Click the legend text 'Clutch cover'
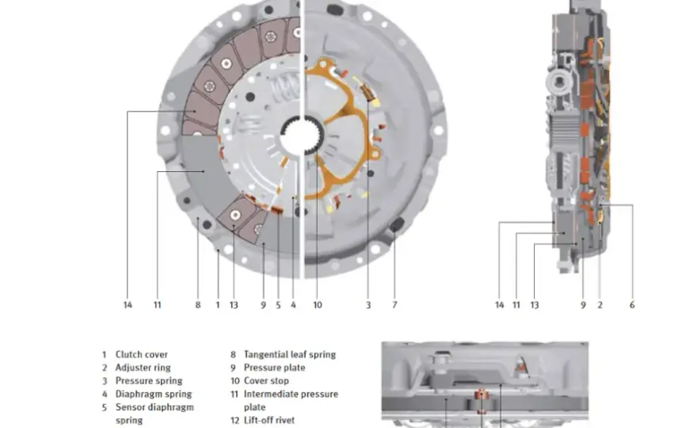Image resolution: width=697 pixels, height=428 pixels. [141, 354]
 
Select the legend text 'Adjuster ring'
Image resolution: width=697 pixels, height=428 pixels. [143, 368]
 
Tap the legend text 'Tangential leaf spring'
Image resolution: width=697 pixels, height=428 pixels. [290, 354]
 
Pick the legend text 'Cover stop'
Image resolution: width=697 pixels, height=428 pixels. [266, 380]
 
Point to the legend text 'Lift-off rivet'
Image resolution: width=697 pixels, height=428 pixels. [269, 420]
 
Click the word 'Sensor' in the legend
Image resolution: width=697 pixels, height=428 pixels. [130, 407]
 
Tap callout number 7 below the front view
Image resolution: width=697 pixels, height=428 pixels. [394, 305]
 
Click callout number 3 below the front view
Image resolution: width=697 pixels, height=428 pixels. [368, 305]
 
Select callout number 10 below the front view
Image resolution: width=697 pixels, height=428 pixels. [318, 305]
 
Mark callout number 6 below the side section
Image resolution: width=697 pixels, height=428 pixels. [632, 305]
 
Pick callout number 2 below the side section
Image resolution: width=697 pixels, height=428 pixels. [600, 305]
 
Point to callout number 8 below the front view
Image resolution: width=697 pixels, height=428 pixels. [198, 305]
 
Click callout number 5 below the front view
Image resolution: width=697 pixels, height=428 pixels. [278, 305]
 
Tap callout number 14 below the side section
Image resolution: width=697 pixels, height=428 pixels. [499, 305]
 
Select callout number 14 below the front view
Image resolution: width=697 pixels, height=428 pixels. [128, 305]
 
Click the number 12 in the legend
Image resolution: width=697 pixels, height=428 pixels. [234, 420]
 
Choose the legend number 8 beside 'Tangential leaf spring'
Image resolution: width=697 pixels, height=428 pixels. [233, 354]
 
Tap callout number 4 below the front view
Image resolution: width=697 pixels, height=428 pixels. [293, 305]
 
